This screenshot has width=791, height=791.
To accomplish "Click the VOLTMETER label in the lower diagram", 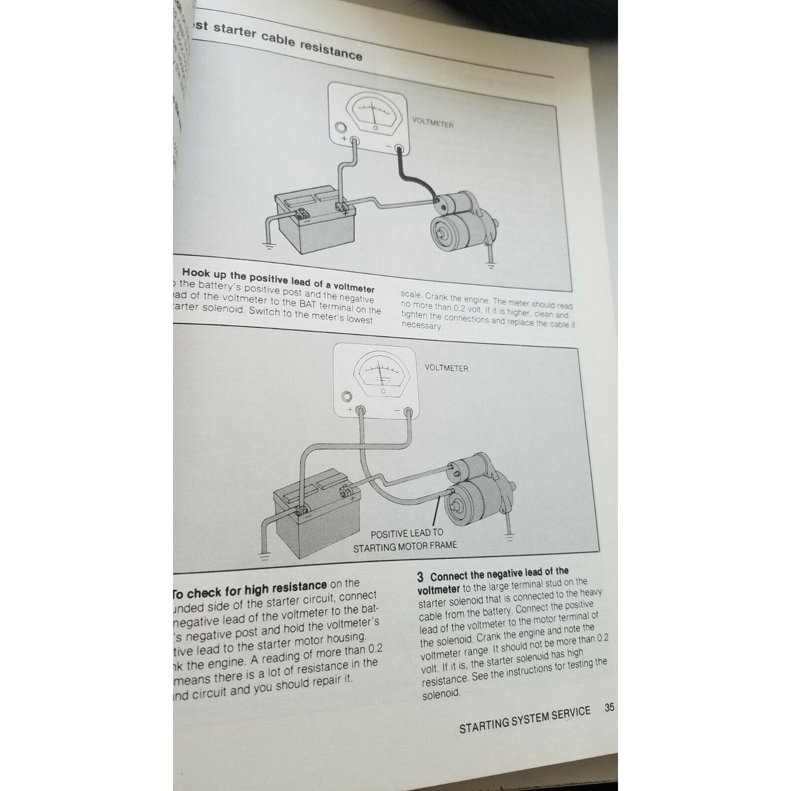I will pyautogui.click(x=446, y=368).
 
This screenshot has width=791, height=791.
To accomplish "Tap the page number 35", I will pyautogui.click(x=609, y=707).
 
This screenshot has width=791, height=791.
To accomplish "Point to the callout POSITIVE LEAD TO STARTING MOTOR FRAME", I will pyautogui.click(x=406, y=539).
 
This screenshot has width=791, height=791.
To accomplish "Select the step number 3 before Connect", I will pyautogui.click(x=420, y=576).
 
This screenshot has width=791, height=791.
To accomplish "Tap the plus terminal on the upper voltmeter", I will pyautogui.click(x=354, y=142).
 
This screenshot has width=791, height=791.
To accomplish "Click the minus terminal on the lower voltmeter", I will pyautogui.click(x=408, y=412).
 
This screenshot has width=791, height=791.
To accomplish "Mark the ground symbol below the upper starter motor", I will pyautogui.click(x=490, y=267).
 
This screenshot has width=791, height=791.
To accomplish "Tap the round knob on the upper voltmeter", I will pyautogui.click(x=340, y=129).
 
